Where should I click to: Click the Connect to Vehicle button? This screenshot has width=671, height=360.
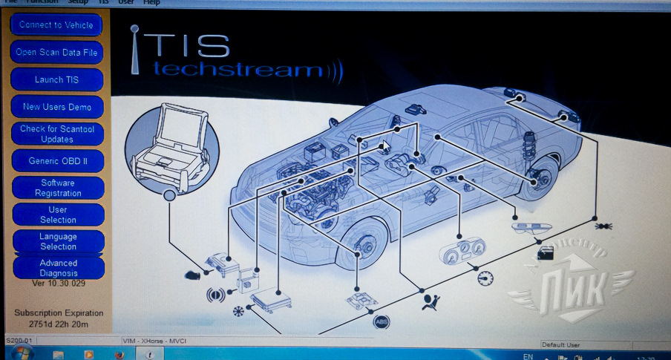click(56, 25)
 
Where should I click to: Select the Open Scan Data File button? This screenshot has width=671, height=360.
click(56, 53)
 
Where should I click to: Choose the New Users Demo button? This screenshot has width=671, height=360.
click(57, 107)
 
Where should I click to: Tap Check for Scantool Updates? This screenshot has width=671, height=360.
click(57, 134)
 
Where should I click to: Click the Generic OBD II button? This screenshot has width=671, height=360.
click(57, 161)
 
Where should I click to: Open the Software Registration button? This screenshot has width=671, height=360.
click(57, 188)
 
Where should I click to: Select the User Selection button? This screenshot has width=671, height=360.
click(57, 215)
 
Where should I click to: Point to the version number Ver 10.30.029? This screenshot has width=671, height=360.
click(59, 284)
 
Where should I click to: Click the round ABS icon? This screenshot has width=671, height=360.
click(380, 322)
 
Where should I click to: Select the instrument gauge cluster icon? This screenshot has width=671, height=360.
click(461, 251)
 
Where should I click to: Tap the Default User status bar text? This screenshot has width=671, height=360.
click(560, 345)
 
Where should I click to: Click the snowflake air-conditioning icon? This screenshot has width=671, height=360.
click(238, 311)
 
